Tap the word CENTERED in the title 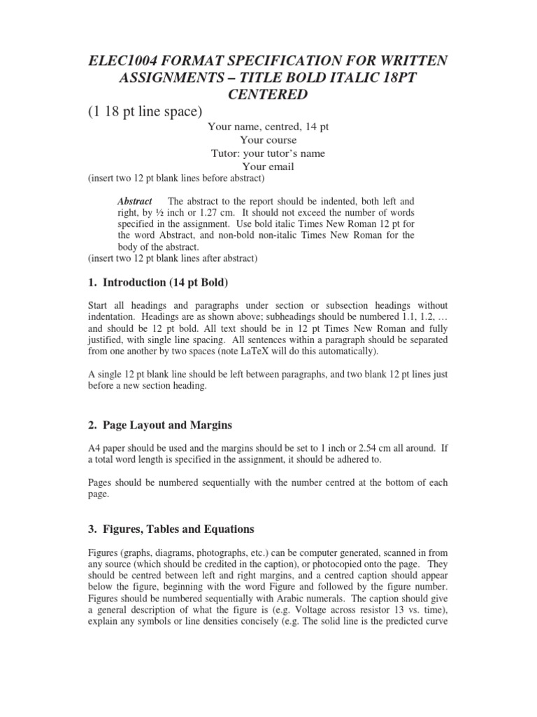click(x=268, y=93)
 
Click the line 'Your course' click(x=268, y=140)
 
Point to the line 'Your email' click(x=268, y=166)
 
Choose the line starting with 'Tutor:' click(x=268, y=153)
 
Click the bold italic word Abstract click(x=134, y=202)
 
